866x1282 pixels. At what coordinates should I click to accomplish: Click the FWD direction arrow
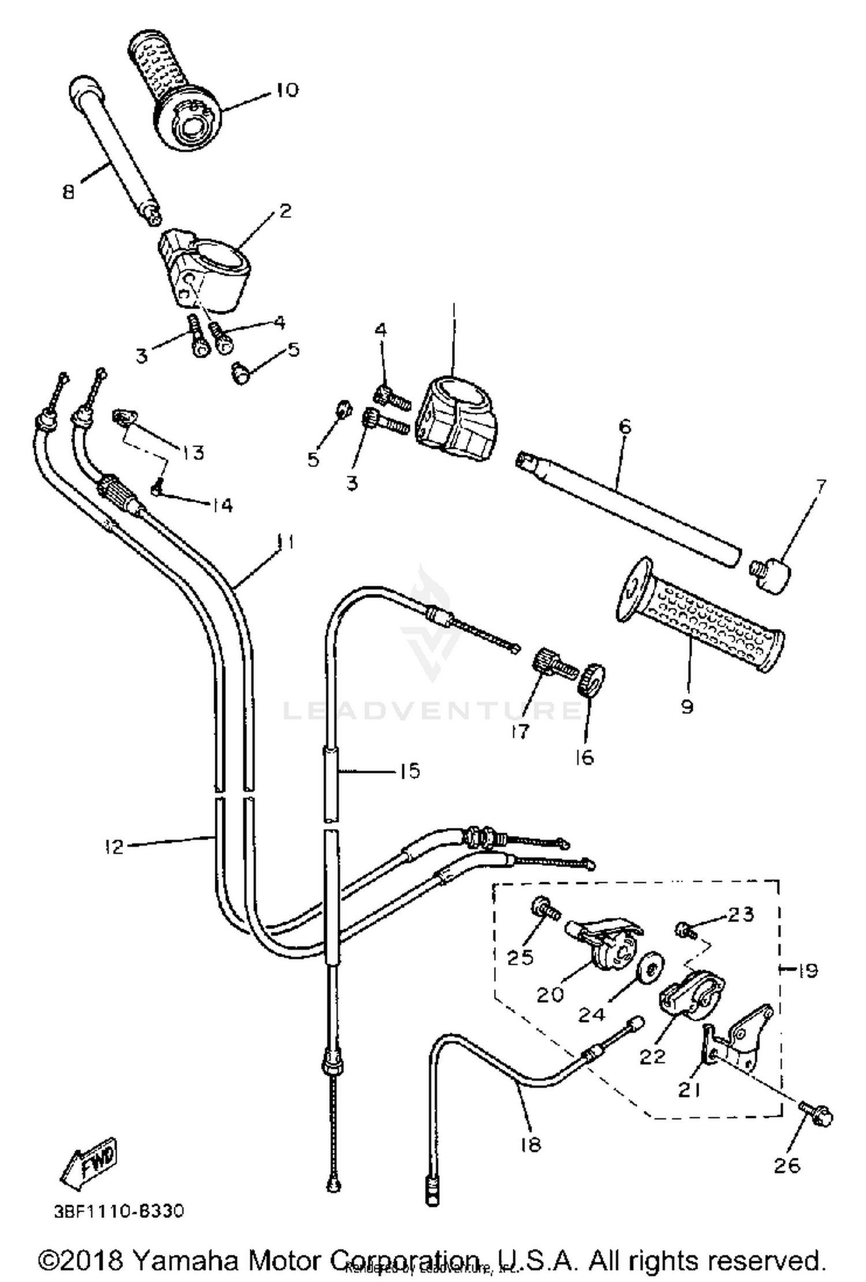[x=90, y=1162]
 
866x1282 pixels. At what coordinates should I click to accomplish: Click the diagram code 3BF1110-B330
[x=119, y=1211]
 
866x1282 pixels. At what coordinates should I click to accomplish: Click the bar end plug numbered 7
[x=771, y=574]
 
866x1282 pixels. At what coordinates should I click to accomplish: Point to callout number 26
[x=787, y=1165]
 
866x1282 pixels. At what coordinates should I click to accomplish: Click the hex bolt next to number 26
[x=816, y=1113]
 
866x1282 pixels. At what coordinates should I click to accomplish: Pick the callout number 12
[x=115, y=847]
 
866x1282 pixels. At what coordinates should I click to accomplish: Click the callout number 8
[x=69, y=191]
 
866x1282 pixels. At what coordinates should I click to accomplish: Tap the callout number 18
[x=529, y=1143]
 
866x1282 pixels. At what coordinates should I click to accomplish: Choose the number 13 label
[x=193, y=452]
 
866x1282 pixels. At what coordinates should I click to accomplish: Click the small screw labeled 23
[x=684, y=928]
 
